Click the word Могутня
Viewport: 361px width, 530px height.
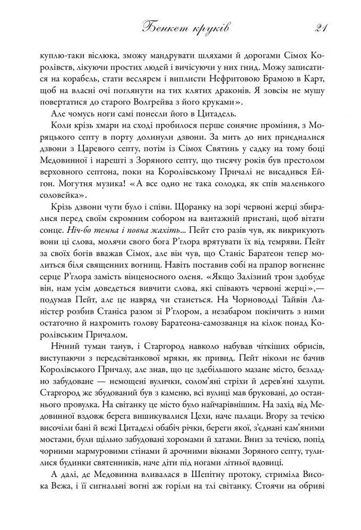(76, 184)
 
